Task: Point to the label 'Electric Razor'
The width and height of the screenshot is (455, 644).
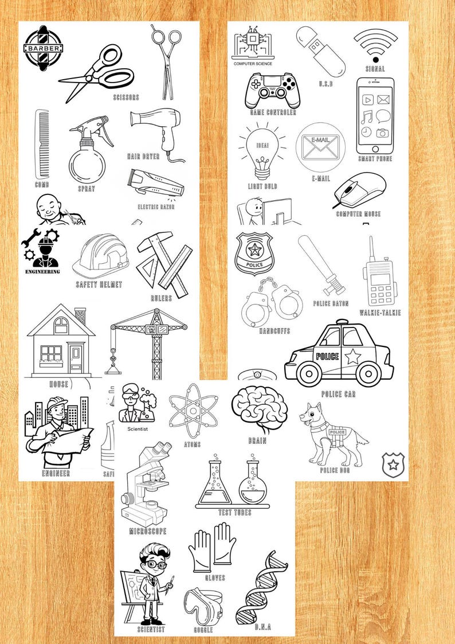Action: pyautogui.click(x=156, y=206)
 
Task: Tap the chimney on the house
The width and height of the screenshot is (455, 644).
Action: pyautogui.click(x=80, y=316)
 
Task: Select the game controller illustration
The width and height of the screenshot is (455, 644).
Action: pyautogui.click(x=273, y=90)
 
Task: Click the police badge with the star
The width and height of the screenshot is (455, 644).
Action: pyautogui.click(x=254, y=253)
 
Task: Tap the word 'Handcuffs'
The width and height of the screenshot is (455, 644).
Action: pyautogui.click(x=274, y=331)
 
